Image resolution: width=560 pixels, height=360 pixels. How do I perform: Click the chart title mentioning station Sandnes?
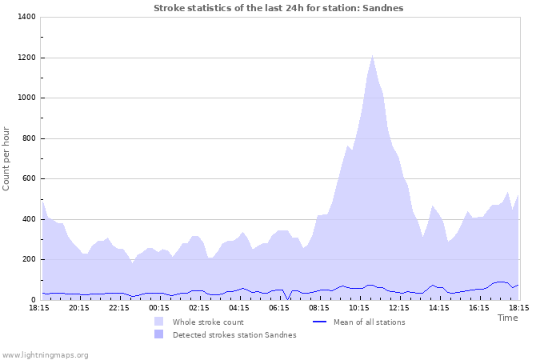tap(278, 8)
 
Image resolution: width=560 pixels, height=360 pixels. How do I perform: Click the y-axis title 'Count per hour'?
tap(7, 158)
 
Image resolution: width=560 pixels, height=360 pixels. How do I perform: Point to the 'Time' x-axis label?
tap(507, 318)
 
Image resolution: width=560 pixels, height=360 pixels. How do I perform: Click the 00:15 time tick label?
tap(159, 307)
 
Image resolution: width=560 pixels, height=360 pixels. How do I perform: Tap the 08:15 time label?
tap(319, 307)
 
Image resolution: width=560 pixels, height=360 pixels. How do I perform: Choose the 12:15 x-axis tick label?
tap(399, 307)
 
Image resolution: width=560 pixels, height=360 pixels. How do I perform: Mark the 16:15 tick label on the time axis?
tap(479, 307)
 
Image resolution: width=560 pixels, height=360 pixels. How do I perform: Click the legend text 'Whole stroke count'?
tap(208, 322)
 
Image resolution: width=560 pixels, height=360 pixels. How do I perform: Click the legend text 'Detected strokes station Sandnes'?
tap(234, 335)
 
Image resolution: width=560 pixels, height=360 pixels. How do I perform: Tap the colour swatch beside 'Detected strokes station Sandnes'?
tap(159, 335)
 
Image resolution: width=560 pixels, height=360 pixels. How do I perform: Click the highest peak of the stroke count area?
tap(373, 56)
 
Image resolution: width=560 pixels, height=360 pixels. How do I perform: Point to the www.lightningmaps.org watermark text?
tap(45, 354)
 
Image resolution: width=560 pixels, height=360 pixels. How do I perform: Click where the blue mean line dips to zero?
tap(289, 299)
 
